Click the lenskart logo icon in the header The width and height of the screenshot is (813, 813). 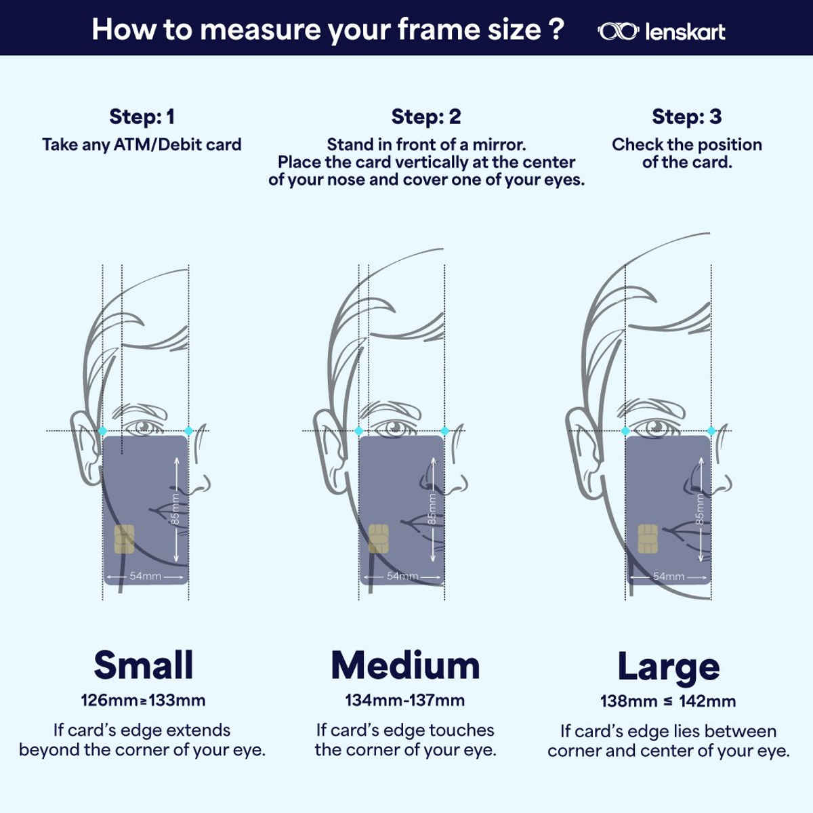tap(618, 32)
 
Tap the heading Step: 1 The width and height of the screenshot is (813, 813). tap(142, 117)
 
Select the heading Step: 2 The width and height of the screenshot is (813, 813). tap(426, 117)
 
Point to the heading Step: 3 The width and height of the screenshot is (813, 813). tap(687, 117)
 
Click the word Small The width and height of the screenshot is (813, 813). tap(144, 665)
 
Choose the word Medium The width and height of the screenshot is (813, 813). tap(405, 665)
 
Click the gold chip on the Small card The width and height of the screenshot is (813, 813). tap(125, 539)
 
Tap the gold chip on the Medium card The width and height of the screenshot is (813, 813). tap(379, 539)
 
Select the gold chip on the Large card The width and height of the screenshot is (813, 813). tap(648, 539)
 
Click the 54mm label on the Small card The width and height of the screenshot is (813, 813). tap(146, 576)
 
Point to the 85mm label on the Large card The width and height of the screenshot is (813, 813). tap(700, 509)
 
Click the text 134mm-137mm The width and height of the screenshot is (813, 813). tap(405, 701)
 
